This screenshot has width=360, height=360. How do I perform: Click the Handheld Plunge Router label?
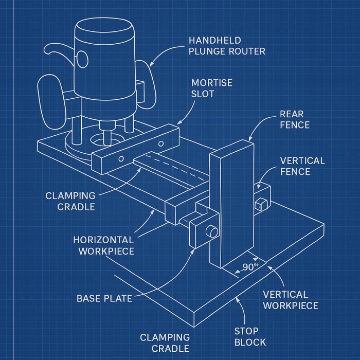(x=227, y=45)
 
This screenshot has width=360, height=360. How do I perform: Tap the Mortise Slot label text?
(x=211, y=88)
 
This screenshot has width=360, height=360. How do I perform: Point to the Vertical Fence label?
(x=302, y=166)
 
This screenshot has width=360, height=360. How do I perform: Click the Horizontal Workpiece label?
(x=103, y=245)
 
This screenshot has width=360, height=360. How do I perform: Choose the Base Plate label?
(x=104, y=298)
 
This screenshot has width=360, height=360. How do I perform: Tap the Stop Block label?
(x=250, y=336)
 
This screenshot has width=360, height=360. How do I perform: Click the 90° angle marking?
(x=249, y=267)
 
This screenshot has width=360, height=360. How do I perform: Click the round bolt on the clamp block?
(x=211, y=232)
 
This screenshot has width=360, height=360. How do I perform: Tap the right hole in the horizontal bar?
(x=161, y=143)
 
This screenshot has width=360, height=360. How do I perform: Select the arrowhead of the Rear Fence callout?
(x=250, y=140)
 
